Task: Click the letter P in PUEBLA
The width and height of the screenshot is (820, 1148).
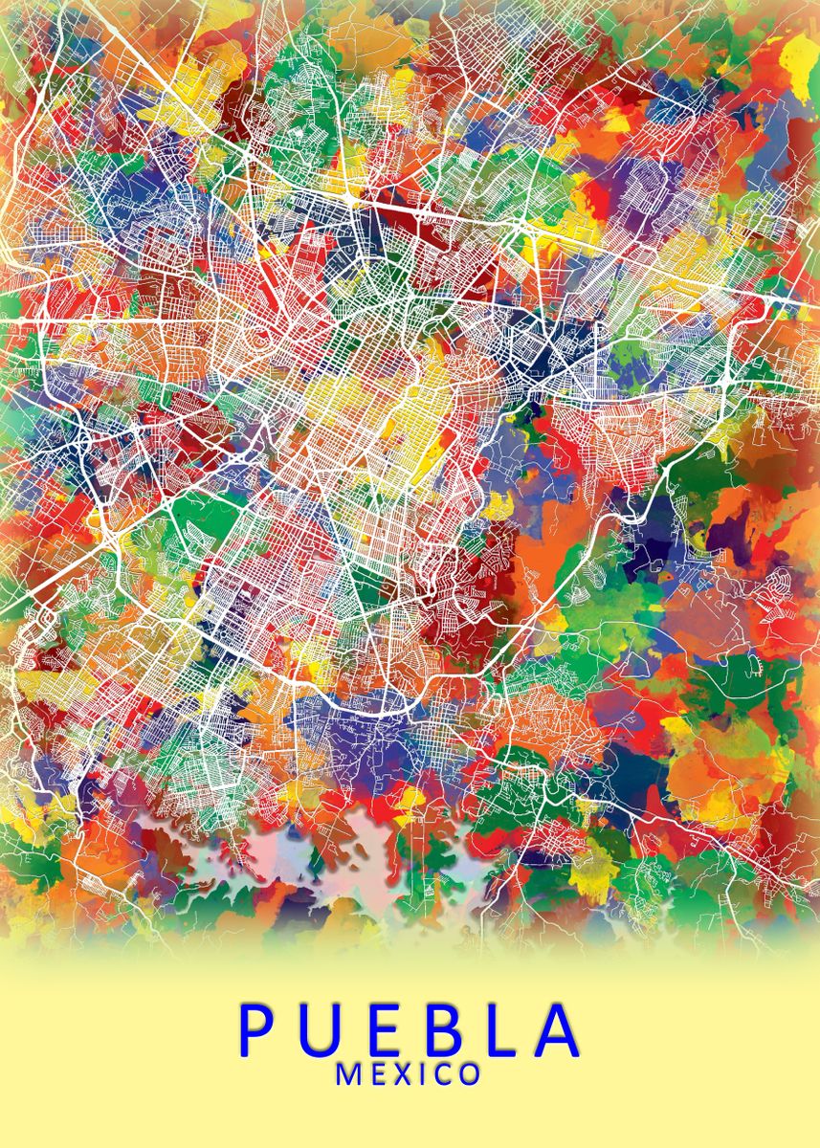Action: pos(255,1029)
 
